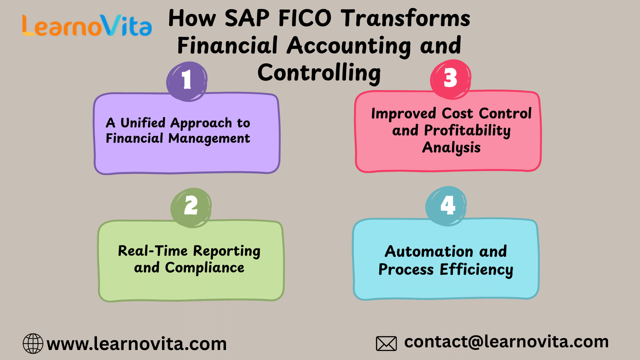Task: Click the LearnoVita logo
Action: (x=87, y=26)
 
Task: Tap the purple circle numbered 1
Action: (x=187, y=82)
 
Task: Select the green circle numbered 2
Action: (x=191, y=208)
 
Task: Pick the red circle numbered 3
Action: (x=450, y=79)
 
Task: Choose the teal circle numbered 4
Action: (x=446, y=206)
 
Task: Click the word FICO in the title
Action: (x=304, y=18)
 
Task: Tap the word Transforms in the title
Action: (x=406, y=18)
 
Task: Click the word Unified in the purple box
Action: (x=143, y=123)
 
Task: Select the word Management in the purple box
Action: (x=209, y=139)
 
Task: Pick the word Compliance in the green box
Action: (x=204, y=268)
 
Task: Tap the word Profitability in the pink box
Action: (x=467, y=131)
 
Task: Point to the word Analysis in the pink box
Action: (x=452, y=148)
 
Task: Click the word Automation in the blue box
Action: (x=428, y=252)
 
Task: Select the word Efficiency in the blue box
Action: (x=476, y=270)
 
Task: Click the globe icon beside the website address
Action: (x=33, y=344)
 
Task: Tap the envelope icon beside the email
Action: (x=386, y=344)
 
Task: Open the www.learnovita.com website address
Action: (x=136, y=344)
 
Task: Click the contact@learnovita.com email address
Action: (x=506, y=342)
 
